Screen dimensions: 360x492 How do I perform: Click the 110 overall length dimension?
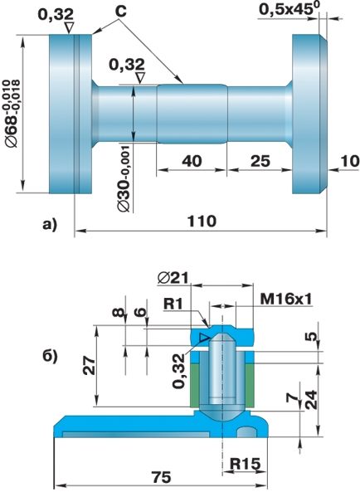[202, 222]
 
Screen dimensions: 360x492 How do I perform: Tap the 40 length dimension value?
[192, 161]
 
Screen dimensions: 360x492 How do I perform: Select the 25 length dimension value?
[260, 161]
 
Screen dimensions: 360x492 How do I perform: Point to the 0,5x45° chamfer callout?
[289, 9]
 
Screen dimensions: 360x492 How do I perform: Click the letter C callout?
[121, 12]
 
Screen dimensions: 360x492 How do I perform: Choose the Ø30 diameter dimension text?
[124, 178]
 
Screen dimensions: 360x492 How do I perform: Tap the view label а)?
[50, 225]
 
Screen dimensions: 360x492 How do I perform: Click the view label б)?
[50, 357]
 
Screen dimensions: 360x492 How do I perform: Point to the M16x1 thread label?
[286, 300]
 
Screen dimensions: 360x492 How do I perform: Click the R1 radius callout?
[173, 304]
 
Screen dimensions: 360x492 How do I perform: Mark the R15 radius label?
[245, 464]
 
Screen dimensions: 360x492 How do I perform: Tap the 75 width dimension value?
[162, 477]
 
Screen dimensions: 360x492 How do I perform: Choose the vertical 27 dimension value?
[90, 366]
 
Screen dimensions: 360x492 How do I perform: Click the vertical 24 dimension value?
[311, 400]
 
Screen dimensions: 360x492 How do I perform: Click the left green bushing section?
[195, 385]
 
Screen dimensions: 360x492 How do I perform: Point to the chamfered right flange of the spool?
[310, 114]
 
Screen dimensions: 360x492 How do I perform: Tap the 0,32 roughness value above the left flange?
[56, 14]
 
